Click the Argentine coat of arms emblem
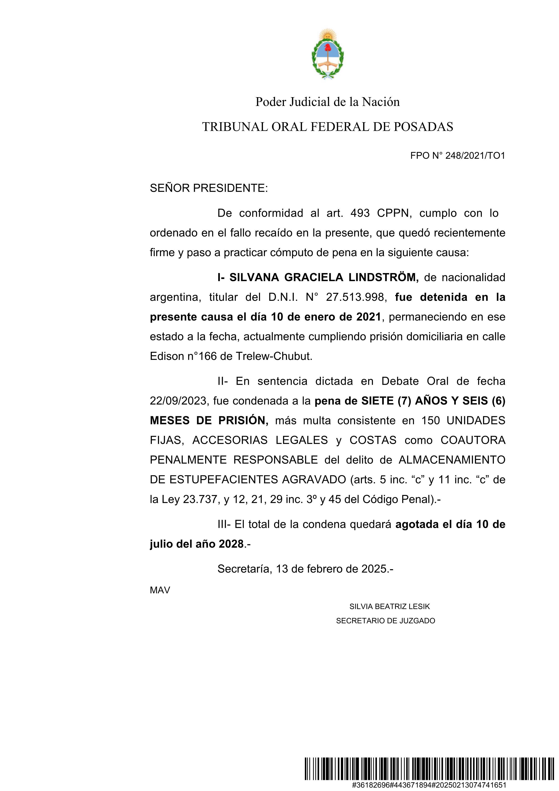pyautogui.click(x=327, y=55)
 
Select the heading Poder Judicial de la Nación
pyautogui.click(x=327, y=102)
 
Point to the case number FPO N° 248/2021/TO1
pyautogui.click(x=457, y=156)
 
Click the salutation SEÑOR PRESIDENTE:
pyautogui.click(x=209, y=188)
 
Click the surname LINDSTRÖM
pyautogui.click(x=383, y=277)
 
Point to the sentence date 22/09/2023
pyautogui.click(x=178, y=401)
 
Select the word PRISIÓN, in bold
pyautogui.click(x=243, y=421)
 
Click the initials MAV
pyautogui.click(x=160, y=590)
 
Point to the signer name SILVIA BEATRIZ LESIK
pyautogui.click(x=390, y=606)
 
